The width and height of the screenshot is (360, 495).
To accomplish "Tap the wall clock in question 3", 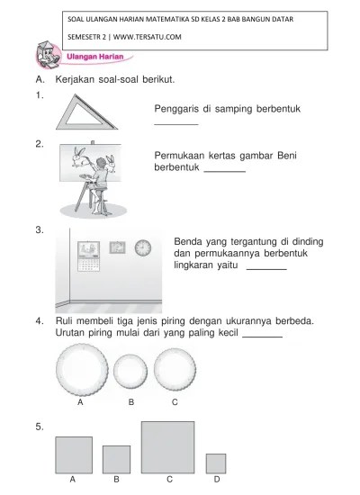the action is coord(143,247).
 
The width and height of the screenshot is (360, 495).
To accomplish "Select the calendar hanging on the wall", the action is coord(89,256).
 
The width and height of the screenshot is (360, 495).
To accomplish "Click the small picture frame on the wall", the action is coord(117,247).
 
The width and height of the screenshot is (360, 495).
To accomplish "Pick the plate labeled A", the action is coord(82,370).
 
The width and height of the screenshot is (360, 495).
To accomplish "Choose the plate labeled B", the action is coord(130,371).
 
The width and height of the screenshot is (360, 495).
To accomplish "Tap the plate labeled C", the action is coord(175,369).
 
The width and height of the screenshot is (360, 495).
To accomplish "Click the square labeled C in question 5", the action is coord(167,447).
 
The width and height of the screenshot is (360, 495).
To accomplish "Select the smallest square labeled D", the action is coord(216,463).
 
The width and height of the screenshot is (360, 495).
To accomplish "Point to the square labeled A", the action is coord(74,454).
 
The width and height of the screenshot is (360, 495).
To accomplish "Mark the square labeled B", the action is coord(116,459).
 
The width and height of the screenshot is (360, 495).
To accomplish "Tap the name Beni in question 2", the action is coord(287,156).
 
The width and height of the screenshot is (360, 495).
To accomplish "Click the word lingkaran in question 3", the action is coord(193,265).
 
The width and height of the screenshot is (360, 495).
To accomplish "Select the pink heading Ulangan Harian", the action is coord(94,57).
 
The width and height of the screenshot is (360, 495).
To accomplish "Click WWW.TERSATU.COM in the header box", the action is coord(148,37).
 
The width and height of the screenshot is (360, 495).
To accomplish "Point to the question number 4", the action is coord(40,321).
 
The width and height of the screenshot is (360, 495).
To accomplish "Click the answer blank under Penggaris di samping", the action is coord(176,125).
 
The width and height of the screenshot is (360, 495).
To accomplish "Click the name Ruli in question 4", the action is coord(64,320).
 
